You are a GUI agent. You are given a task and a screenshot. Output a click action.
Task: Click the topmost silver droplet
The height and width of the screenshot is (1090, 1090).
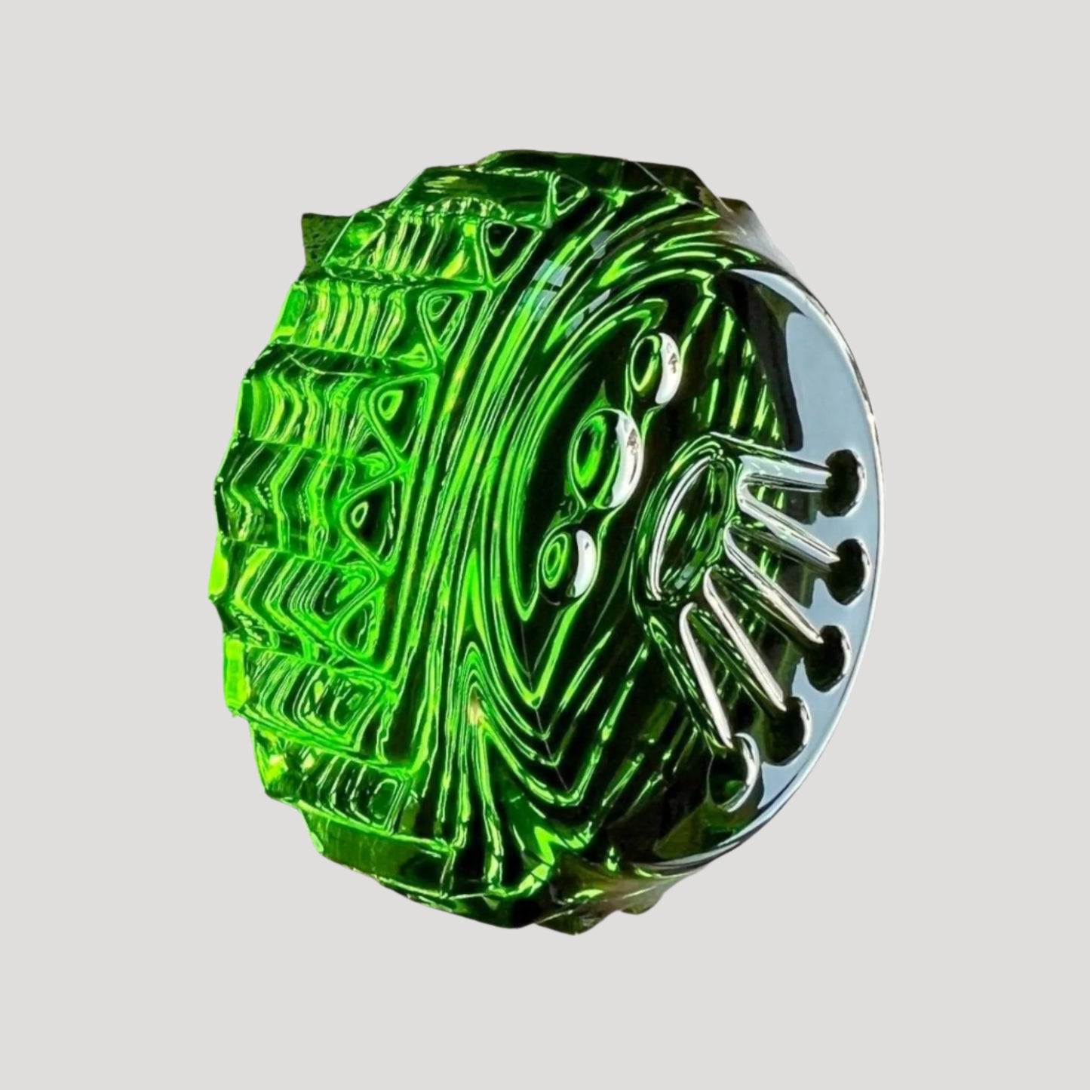[x=668, y=368]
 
